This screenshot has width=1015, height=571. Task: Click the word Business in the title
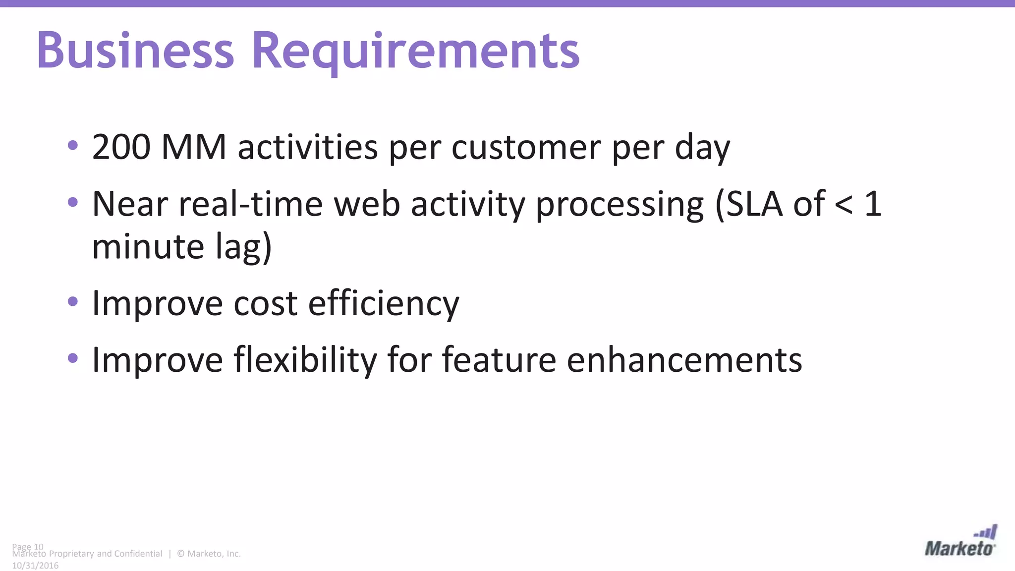point(135,51)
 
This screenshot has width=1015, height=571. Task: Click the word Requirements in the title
point(415,51)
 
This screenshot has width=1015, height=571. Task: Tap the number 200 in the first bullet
point(121,147)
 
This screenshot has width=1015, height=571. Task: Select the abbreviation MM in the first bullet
point(194,147)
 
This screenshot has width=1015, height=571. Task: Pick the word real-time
point(251,204)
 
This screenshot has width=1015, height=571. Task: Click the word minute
point(148,246)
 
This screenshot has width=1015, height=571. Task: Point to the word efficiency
point(384,303)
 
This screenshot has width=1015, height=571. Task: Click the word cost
point(265,303)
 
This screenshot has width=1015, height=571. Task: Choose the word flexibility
point(305,360)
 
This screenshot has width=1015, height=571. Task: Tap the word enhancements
point(684,360)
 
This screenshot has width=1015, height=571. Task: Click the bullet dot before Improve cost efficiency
point(73,301)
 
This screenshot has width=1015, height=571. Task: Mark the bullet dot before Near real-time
point(73,202)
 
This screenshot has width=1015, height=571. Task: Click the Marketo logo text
point(959,549)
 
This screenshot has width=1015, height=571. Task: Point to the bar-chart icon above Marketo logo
point(986,532)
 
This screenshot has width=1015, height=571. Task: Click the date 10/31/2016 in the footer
point(35,566)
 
